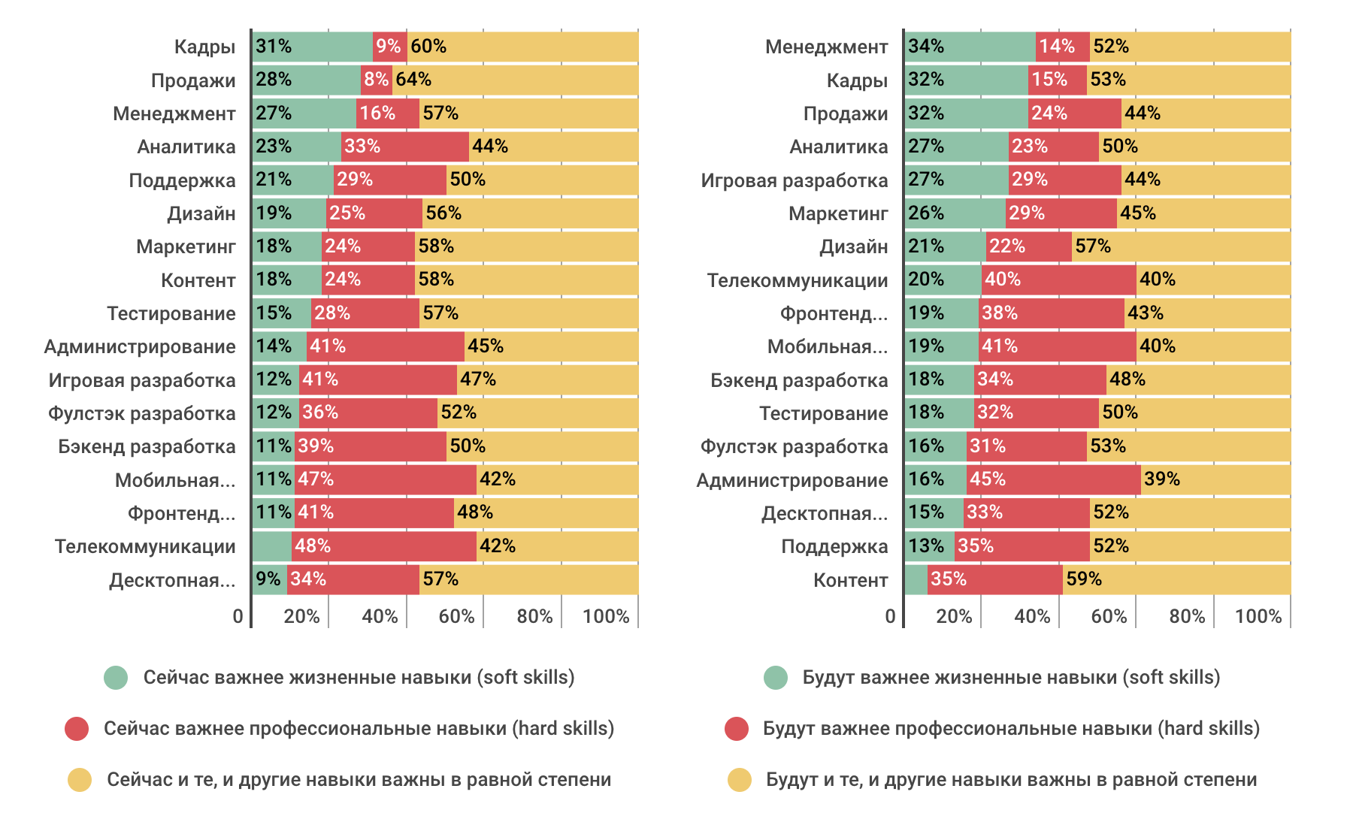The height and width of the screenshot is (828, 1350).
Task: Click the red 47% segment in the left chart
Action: (386, 479)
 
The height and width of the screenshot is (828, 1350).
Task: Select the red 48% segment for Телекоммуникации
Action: (384, 546)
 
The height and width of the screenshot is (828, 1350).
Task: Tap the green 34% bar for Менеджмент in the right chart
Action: (970, 47)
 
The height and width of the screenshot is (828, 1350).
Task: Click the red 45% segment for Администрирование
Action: (1053, 479)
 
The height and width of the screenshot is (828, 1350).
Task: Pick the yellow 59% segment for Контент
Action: (1176, 579)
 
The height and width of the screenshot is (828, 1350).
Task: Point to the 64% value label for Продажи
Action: (413, 80)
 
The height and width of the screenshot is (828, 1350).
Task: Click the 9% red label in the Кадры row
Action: (389, 47)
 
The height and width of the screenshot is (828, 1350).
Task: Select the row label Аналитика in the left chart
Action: (186, 147)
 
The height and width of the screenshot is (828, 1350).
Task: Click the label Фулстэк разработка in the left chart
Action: (142, 413)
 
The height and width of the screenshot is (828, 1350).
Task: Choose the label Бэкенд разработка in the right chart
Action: (799, 380)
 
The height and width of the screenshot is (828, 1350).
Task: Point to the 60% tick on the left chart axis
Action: (456, 617)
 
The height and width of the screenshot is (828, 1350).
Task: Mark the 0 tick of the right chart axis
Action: (890, 617)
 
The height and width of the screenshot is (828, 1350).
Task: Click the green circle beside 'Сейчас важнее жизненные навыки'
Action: (116, 678)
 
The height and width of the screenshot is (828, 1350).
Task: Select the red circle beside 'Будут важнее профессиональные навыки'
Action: (737, 729)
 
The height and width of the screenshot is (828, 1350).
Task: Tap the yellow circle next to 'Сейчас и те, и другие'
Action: (80, 780)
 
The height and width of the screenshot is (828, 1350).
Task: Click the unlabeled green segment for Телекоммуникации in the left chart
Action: (271, 546)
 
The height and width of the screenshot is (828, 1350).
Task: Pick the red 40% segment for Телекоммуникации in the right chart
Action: (1058, 280)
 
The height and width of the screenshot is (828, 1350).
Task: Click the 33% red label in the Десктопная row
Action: (985, 512)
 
